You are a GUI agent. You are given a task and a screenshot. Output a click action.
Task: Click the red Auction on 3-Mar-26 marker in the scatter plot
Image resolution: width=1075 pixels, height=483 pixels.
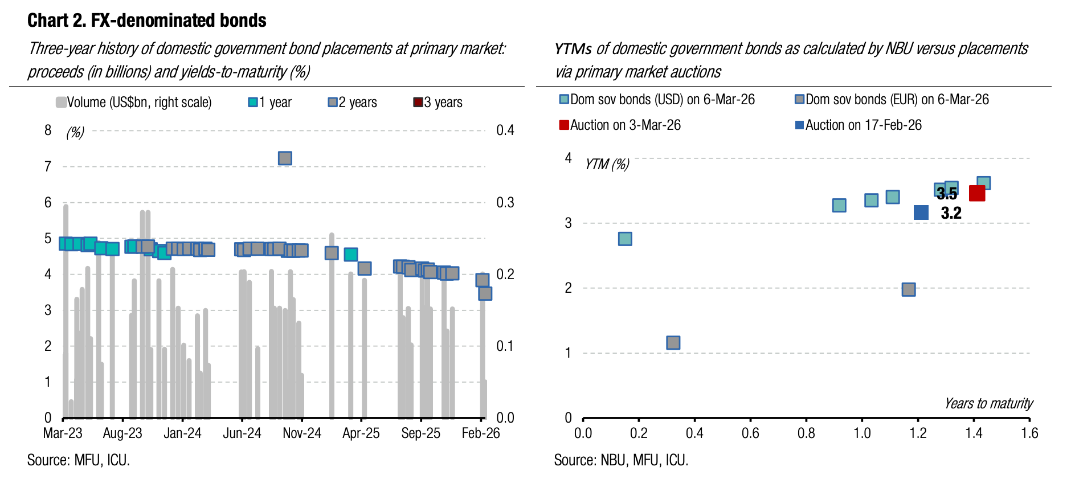point(976,194)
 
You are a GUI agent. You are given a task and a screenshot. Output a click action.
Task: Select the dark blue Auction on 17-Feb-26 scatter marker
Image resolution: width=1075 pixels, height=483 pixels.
point(921,212)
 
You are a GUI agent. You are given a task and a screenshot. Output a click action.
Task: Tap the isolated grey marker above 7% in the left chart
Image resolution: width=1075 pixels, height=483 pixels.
point(285,158)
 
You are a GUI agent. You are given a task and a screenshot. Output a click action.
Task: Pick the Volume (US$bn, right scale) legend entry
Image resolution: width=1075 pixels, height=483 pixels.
point(134,103)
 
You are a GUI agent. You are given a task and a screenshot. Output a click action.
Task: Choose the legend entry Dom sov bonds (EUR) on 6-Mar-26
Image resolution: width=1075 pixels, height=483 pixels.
point(892,100)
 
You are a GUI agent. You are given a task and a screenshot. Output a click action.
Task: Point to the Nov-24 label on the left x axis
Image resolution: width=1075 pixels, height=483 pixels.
point(302,433)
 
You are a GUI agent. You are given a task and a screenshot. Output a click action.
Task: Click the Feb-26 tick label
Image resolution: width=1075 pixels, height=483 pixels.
point(480,433)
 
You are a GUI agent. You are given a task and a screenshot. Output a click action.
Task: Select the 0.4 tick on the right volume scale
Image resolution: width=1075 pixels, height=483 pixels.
point(505,130)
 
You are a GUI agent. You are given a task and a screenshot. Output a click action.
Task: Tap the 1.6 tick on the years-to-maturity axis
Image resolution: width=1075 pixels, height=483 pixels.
point(1029,433)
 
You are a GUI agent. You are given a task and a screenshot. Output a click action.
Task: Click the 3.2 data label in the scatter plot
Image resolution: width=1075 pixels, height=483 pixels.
point(951,214)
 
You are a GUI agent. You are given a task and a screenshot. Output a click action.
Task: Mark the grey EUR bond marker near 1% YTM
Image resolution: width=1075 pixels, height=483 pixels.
point(673,343)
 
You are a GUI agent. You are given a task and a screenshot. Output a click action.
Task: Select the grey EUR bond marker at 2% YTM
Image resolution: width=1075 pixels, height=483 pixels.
point(909,289)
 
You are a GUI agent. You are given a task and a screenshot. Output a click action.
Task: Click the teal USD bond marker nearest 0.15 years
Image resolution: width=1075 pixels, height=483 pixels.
point(625,239)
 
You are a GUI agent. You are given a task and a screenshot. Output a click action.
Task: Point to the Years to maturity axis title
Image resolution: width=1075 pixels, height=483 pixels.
point(988,404)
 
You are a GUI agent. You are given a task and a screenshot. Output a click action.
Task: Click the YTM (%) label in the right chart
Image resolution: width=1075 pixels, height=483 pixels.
point(607,165)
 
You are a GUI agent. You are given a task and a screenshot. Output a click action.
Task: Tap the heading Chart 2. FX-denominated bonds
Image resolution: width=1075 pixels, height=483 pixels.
point(147,21)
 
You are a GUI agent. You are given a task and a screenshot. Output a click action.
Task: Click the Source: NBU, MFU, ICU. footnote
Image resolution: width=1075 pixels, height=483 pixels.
point(621,460)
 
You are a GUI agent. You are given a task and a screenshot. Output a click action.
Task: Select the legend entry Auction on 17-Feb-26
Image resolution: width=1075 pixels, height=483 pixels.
point(858,125)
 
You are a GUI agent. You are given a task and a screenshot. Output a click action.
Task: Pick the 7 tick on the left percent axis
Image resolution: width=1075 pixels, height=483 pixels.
point(48,167)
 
